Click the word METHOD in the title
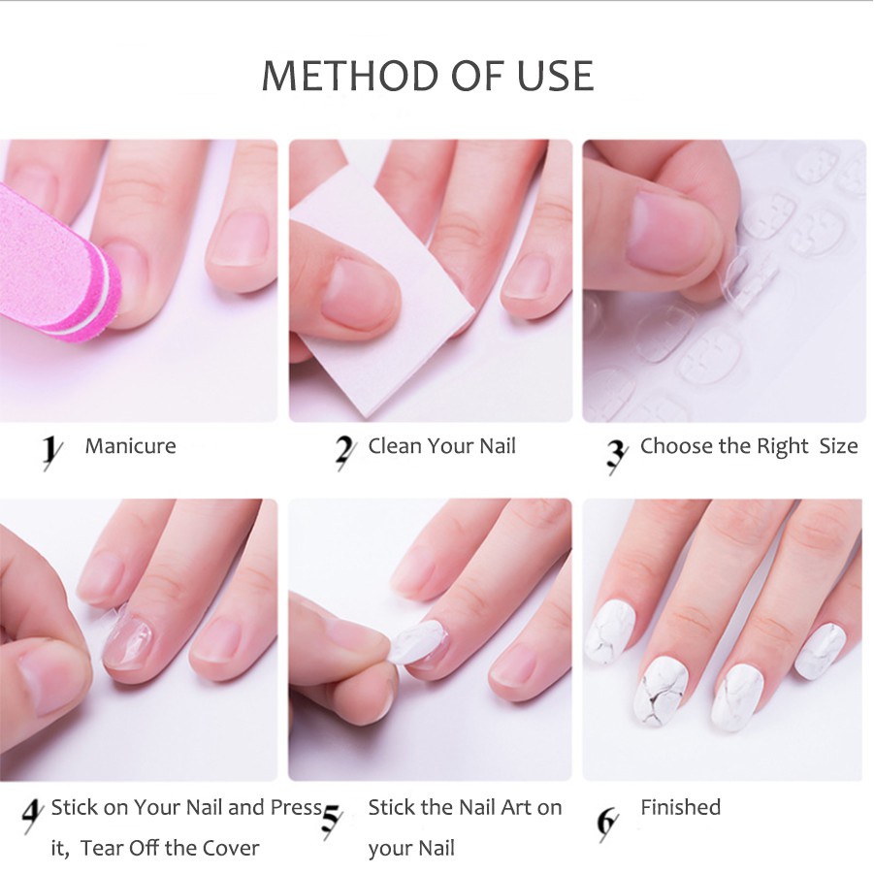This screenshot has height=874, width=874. point(350,76)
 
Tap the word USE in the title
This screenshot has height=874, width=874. point(555,76)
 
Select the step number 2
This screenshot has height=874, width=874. point(345,451)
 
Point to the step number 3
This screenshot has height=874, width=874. point(617,454)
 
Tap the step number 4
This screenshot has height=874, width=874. point(32,816)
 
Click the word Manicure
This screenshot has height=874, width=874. point(130,446)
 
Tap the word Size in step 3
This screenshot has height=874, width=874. point(838,446)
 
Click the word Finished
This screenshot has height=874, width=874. point(681,807)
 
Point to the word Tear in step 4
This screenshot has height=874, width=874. point(102,848)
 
